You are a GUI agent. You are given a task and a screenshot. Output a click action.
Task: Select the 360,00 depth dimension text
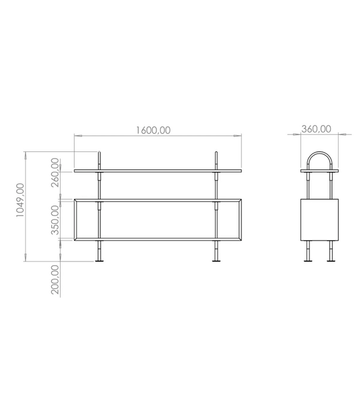tap(317, 129)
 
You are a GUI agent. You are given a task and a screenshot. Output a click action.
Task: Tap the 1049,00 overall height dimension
tap(20, 201)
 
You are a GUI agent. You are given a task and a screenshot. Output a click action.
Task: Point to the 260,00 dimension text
tap(55, 172)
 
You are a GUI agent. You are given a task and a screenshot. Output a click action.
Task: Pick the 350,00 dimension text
tap(55, 220)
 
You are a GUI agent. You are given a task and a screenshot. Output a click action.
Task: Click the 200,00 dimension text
tap(55, 281)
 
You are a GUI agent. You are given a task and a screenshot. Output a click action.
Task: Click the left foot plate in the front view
tap(100, 260)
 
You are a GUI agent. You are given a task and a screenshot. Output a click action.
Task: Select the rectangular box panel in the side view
tap(319, 220)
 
